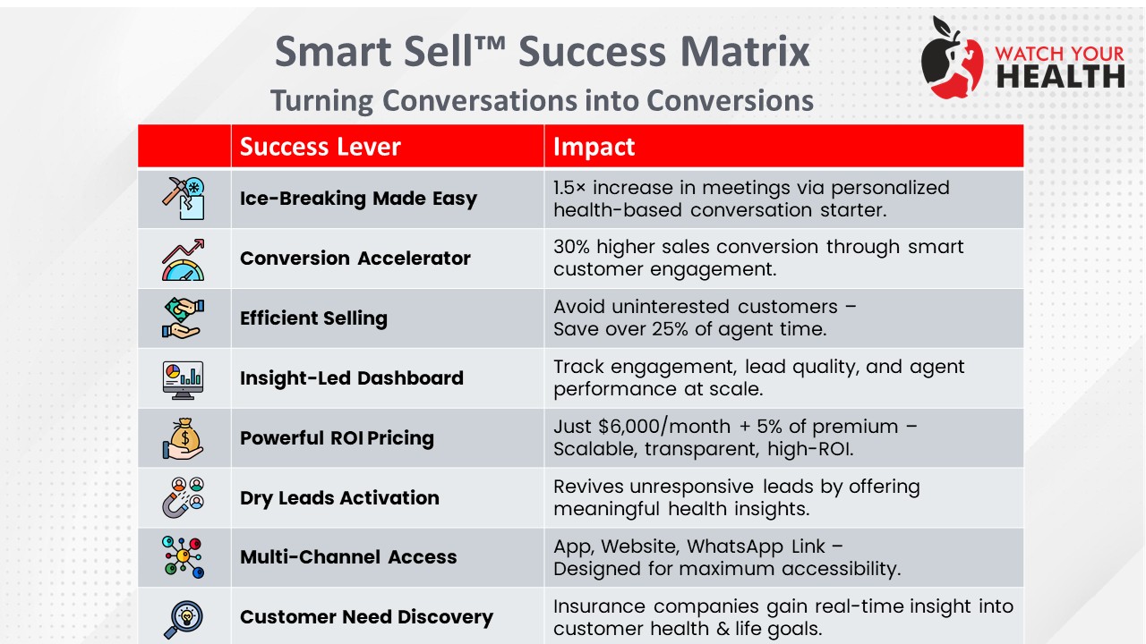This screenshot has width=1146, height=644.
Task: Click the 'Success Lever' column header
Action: click(x=320, y=147)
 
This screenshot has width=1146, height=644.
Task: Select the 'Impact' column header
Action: click(x=594, y=147)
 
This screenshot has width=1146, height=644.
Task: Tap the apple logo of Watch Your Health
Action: click(x=952, y=58)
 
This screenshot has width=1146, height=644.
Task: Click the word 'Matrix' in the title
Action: click(x=745, y=51)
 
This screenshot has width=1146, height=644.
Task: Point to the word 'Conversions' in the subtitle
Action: click(x=730, y=100)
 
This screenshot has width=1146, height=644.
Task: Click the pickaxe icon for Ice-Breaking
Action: click(x=184, y=199)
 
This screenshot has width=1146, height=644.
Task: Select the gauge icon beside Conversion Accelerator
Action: click(x=184, y=259)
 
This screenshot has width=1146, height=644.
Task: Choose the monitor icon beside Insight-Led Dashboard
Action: click(x=184, y=380)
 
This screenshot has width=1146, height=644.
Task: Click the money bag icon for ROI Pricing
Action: click(x=184, y=438)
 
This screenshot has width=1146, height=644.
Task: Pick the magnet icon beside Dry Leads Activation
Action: click(x=184, y=498)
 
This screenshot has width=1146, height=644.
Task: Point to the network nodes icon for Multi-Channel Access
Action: click(x=184, y=557)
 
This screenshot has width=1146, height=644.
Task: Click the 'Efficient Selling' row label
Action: click(x=313, y=318)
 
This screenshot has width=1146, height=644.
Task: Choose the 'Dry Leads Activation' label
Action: click(x=339, y=498)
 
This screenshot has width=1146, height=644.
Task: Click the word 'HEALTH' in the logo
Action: click(x=1060, y=77)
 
